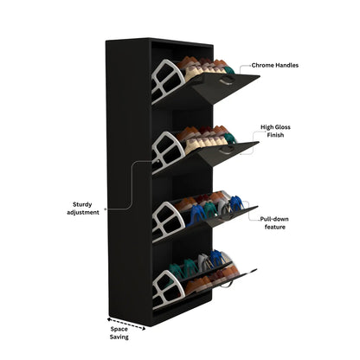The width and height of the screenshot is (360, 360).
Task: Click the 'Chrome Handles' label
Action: pyautogui.click(x=275, y=65)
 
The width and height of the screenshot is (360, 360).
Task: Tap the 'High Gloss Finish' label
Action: pyautogui.click(x=275, y=131)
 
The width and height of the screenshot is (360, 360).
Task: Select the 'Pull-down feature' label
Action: pyautogui.click(x=274, y=223)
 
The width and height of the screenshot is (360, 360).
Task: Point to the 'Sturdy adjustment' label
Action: pyautogui.click(x=83, y=209)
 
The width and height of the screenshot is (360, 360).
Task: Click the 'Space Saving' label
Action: pyautogui.click(x=119, y=333)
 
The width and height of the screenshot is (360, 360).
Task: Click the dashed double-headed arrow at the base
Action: pyautogui.click(x=126, y=324)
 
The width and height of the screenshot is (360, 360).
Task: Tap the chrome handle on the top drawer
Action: pyautogui.click(x=227, y=80)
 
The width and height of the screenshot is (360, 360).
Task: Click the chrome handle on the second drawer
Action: pyautogui.click(x=226, y=150)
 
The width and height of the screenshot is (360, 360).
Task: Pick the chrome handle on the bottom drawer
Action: pyautogui.click(x=227, y=284)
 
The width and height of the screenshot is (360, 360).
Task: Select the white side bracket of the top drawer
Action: pyautogui.click(x=167, y=80)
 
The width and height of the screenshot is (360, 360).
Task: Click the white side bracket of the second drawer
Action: pyautogui.click(x=168, y=152)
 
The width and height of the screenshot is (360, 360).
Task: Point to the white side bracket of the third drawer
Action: pyautogui.click(x=168, y=222)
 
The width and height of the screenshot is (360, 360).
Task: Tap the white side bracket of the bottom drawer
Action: pyautogui.click(x=168, y=289)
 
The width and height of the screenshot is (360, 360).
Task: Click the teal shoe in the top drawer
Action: pyautogui.click(x=229, y=70)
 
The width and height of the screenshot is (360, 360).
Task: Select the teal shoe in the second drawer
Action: pyautogui.click(x=230, y=138)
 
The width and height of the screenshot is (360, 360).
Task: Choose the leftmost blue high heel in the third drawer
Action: pyautogui.click(x=196, y=215)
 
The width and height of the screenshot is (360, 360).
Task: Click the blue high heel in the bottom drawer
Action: pyautogui.click(x=217, y=258)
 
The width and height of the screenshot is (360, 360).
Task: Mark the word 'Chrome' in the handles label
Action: pyautogui.click(x=262, y=65)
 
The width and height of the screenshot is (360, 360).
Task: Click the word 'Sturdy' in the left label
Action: pyautogui.click(x=82, y=205)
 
